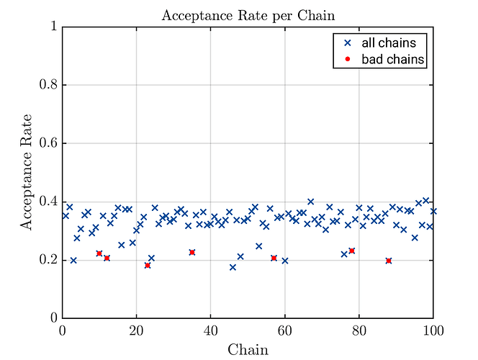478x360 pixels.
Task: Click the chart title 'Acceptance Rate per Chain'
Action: point(248,15)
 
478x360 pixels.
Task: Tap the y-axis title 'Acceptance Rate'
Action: point(27,172)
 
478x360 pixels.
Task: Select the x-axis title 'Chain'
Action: point(248,350)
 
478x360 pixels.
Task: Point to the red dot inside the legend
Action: point(346,59)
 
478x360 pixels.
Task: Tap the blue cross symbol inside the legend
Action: point(346,42)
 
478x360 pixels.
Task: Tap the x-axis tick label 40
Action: point(211,330)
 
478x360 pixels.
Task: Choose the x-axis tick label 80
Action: point(359,330)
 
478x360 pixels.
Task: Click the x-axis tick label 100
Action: point(433,330)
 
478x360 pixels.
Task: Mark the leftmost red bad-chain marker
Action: point(99,253)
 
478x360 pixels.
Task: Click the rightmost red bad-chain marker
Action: point(389,261)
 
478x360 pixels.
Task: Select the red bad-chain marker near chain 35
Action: point(192,252)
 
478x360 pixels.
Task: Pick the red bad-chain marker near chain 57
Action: point(274,258)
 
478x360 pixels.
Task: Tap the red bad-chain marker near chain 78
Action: point(352,251)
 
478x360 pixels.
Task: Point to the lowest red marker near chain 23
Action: point(148,265)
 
